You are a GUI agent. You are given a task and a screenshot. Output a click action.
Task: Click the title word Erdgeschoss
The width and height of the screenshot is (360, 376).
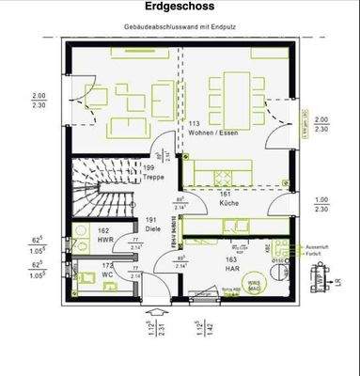180,7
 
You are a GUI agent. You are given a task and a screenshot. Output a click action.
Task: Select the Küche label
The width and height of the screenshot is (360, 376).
227,202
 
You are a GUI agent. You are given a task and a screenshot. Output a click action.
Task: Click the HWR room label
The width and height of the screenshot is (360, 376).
103,240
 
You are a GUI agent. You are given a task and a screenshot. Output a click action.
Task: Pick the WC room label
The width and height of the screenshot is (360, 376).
108,274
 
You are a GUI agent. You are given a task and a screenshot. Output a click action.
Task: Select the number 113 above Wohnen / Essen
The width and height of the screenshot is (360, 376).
196,123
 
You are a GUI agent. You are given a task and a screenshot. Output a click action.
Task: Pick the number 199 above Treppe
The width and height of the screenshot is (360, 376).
149,166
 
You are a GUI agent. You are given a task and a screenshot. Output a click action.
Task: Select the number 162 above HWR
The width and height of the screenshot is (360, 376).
103,231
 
